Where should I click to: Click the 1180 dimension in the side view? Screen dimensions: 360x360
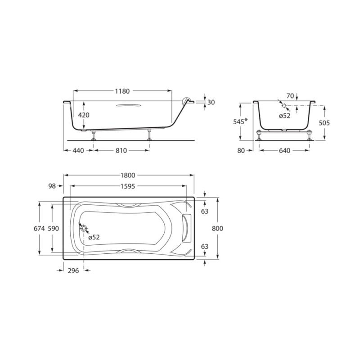point(122,91)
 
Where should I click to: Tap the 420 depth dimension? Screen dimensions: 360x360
point(84,115)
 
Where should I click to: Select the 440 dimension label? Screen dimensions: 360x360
point(78,151)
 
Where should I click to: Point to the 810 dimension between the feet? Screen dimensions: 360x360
point(121,151)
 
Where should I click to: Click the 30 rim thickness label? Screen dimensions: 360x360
point(211,102)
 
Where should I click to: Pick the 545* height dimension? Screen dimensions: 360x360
point(240,121)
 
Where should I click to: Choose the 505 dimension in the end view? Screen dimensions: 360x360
point(324,123)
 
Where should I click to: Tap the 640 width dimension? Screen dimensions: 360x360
point(285,151)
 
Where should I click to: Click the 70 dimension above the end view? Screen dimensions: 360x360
point(290,96)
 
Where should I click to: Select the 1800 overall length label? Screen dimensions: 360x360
point(128,175)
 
